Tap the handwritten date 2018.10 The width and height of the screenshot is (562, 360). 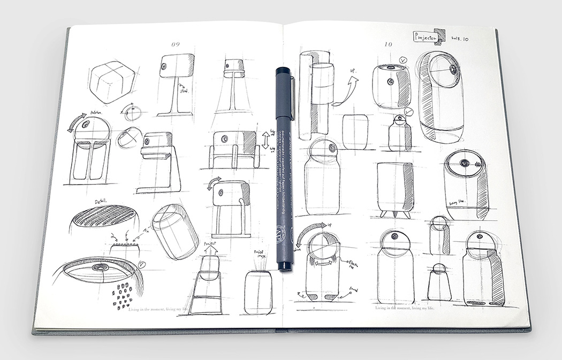click(460, 39)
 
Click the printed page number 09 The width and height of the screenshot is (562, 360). click(174, 44)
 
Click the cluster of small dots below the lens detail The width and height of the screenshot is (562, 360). click(123, 296)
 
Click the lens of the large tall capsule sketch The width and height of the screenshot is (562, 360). click(452, 70)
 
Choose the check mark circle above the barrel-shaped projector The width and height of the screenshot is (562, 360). click(402, 60)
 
